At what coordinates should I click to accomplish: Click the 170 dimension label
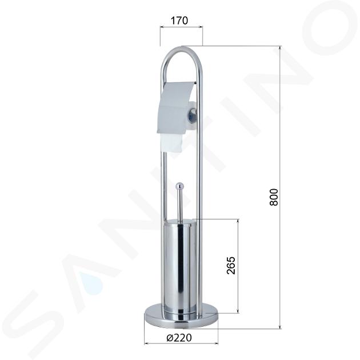[179, 21]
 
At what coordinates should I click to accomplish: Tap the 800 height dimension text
[274, 197]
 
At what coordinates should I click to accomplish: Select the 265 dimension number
[231, 265]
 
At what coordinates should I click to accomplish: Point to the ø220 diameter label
[179, 338]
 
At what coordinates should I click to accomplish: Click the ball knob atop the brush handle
[179, 186]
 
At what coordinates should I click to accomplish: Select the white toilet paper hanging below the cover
[171, 142]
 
